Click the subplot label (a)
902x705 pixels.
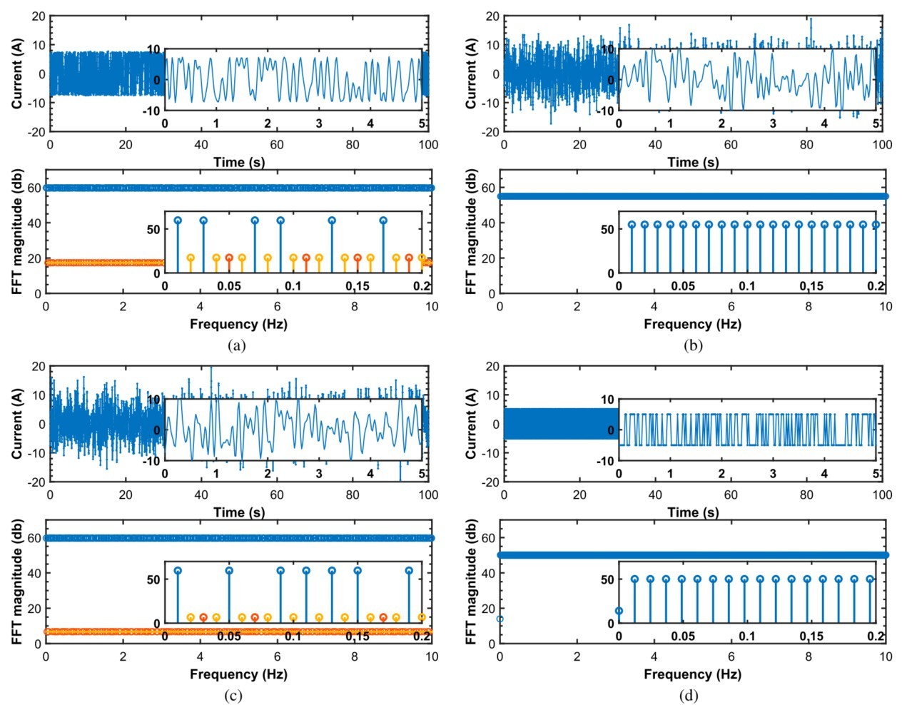click(235, 345)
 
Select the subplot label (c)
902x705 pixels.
click(233, 696)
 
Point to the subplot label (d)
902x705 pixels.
click(689, 696)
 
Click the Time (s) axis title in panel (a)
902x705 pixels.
click(239, 162)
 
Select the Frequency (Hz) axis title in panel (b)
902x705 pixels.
click(692, 324)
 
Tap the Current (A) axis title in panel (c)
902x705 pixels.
click(17, 424)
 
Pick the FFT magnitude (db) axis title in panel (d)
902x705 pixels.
click(471, 586)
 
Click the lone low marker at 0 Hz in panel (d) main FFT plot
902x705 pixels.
click(500, 619)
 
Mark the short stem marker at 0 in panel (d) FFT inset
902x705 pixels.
click(619, 611)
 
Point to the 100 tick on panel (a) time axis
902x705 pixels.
click(428, 145)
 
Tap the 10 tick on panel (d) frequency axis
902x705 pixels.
click(886, 656)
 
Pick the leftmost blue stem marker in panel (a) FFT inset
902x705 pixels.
click(178, 220)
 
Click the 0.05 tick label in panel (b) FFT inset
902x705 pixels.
click(683, 286)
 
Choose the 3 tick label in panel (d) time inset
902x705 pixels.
click(773, 474)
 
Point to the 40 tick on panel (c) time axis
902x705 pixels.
click(201, 494)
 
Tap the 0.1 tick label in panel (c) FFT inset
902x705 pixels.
click(293, 636)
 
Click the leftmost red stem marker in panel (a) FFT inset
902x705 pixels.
click(229, 258)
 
